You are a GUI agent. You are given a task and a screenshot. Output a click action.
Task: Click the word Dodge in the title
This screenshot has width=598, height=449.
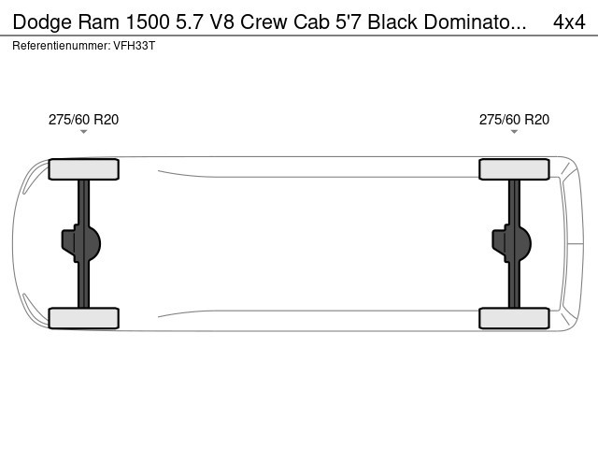click(x=42, y=22)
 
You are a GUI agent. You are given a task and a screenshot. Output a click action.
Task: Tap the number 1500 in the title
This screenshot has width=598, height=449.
click(x=148, y=22)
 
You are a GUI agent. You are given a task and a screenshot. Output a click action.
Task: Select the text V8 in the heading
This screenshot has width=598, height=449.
click(x=222, y=22)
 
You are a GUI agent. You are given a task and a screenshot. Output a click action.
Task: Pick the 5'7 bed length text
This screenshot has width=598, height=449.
click(x=348, y=22)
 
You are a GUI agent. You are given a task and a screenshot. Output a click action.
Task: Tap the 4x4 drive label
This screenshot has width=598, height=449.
click(x=569, y=22)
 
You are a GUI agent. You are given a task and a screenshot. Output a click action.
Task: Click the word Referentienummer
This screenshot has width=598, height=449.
click(x=61, y=46)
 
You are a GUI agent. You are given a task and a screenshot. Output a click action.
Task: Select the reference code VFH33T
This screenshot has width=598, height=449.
click(x=135, y=46)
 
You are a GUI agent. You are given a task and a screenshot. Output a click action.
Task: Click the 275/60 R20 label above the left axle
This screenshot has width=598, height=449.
click(x=83, y=120)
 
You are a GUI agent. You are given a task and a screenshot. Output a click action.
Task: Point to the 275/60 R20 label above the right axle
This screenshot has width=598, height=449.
click(x=514, y=120)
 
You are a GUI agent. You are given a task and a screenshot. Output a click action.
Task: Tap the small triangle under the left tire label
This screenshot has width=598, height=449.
click(x=83, y=132)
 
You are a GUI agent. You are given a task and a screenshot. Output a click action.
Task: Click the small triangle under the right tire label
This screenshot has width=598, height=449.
click(x=514, y=132)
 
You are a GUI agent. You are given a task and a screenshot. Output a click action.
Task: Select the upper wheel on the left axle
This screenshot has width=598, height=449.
click(x=83, y=169)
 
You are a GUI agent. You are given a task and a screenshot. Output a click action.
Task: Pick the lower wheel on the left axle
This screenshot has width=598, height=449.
click(x=83, y=318)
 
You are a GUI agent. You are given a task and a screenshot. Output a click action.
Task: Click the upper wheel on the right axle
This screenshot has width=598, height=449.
click(x=514, y=169)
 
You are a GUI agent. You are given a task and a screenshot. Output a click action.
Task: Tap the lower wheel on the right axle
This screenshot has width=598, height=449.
click(x=514, y=318)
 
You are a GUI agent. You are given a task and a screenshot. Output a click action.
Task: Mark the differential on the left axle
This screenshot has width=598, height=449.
click(x=81, y=243)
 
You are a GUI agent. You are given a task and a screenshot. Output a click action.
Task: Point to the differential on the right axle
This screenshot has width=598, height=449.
click(x=512, y=243)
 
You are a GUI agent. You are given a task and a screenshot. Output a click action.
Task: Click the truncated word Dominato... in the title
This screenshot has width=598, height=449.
click(x=475, y=22)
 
